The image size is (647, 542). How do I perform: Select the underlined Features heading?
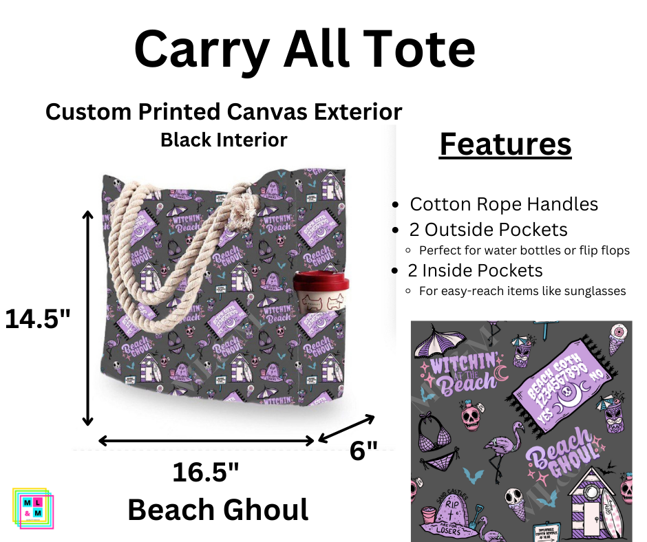(x=505, y=144)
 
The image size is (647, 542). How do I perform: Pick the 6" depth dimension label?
(x=363, y=451)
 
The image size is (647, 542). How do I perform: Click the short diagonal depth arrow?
(x=346, y=429)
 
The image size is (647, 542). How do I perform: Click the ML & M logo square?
(x=33, y=508)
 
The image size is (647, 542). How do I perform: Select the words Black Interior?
(x=224, y=140)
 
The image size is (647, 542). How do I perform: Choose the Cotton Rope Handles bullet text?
(x=504, y=204)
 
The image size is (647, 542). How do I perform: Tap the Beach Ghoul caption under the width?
(x=218, y=510)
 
